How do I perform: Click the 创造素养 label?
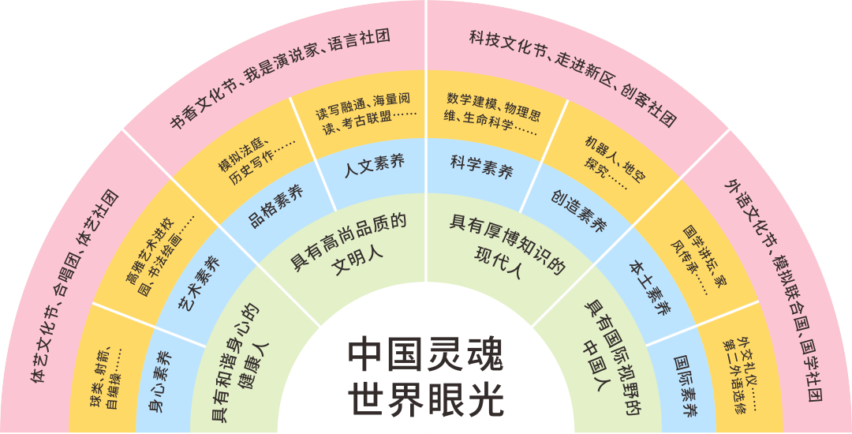pyautogui.click(x=579, y=212)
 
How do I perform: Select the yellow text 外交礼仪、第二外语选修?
pyautogui.click(x=745, y=375)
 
